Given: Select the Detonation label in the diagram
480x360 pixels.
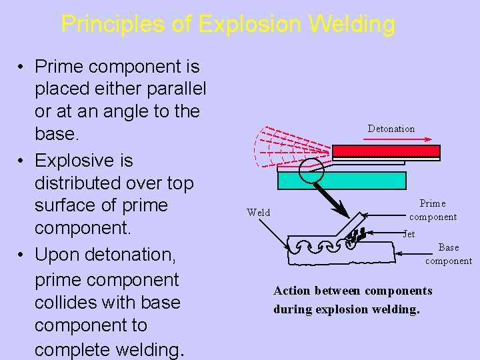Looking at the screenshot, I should [x=391, y=129].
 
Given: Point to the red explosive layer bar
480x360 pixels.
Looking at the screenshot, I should [x=386, y=151].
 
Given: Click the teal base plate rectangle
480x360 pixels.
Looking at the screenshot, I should [x=341, y=181].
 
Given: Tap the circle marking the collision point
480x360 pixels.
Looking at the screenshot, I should [x=311, y=171].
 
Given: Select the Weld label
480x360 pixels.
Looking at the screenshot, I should [x=258, y=213].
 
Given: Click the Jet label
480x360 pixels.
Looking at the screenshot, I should [x=409, y=234].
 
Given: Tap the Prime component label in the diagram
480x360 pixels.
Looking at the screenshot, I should [x=433, y=210].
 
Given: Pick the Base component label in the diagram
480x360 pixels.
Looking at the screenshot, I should [x=449, y=254].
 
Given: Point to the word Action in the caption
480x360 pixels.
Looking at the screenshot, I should [x=292, y=291].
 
